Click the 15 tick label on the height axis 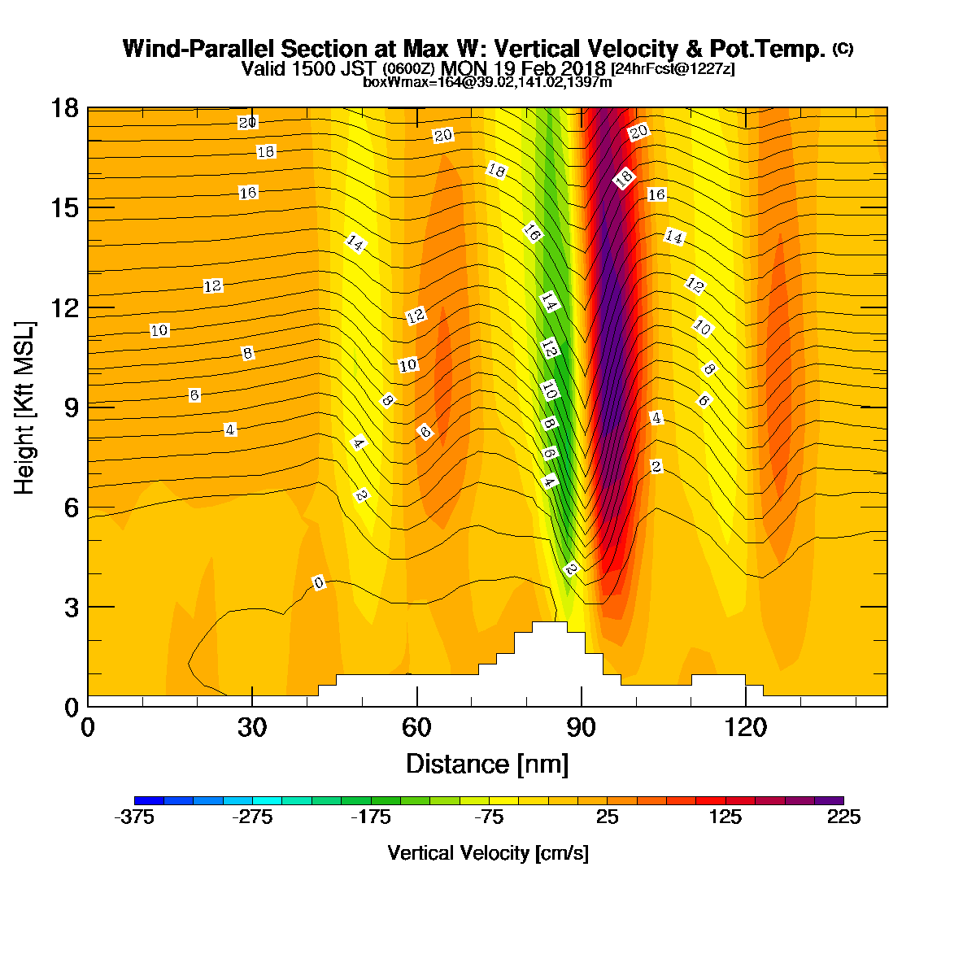point(65,208)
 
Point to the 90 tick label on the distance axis point(581,728)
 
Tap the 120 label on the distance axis point(745,728)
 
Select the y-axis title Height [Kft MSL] point(24,407)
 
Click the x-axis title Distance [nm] point(487,764)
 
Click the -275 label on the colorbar point(252,817)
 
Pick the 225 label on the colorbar point(843,817)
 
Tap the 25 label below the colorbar point(607,817)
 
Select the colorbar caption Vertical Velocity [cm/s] point(488,853)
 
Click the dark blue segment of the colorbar point(149,800)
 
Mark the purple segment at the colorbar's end point(829,800)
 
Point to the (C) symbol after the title point(843,49)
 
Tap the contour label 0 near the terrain point(318,583)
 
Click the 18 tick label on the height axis point(65,108)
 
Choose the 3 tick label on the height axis point(72,608)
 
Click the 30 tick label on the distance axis point(252,728)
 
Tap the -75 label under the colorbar point(489,817)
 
